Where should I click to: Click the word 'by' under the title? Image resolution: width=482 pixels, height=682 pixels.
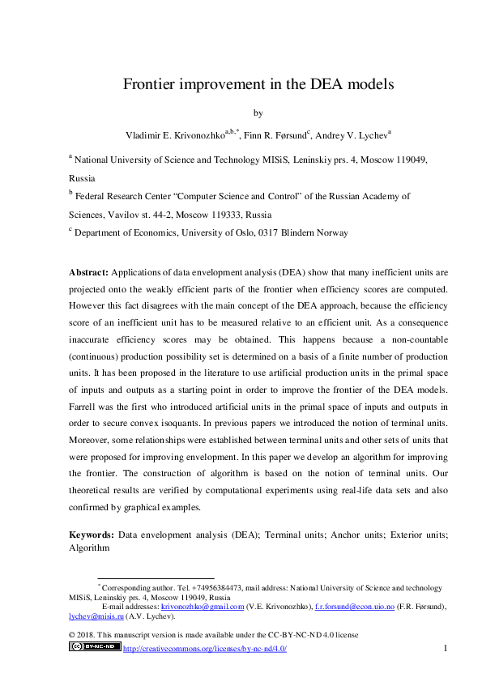click(241, 113)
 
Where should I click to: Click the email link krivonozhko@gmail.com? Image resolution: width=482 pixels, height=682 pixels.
click(203, 606)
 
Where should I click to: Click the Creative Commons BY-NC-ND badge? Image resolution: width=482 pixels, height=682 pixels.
click(95, 647)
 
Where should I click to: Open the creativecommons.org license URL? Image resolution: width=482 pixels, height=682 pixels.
click(204, 649)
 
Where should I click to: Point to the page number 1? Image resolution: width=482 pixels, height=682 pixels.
click(446, 648)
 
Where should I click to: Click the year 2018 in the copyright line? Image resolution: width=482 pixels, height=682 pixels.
click(88, 635)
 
